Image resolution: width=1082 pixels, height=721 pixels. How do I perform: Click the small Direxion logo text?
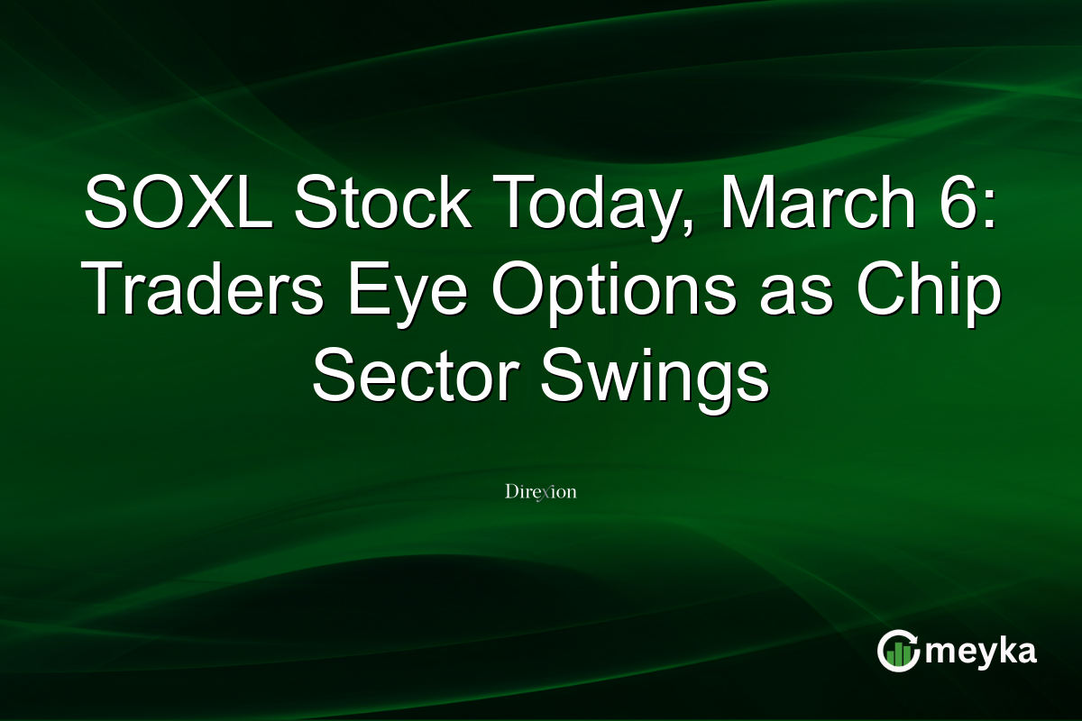pyautogui.click(x=540, y=492)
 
